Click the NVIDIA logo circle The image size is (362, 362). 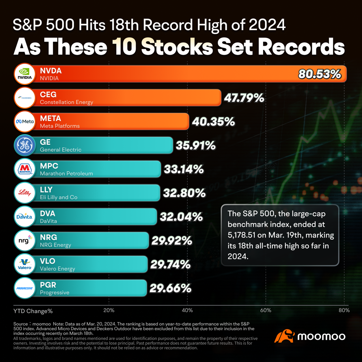[25, 74]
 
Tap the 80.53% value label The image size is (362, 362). [320, 74]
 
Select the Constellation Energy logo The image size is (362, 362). [25, 98]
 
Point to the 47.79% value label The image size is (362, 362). [244, 98]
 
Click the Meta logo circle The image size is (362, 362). [25, 122]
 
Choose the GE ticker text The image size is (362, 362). [45, 142]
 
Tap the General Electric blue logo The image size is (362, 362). [25, 145]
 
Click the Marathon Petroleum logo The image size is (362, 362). [25, 169]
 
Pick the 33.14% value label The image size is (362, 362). [184, 169]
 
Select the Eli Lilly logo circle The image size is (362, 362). [25, 193]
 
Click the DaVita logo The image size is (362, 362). [25, 217]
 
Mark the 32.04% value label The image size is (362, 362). [181, 217]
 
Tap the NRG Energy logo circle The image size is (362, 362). [25, 240]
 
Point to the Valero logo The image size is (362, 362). [25, 264]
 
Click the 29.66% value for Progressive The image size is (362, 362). [171, 288]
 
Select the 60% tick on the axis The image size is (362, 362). [266, 310]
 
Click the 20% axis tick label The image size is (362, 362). [109, 310]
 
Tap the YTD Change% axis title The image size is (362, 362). [33, 311]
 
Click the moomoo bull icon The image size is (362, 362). [285, 336]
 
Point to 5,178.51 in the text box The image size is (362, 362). [241, 235]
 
